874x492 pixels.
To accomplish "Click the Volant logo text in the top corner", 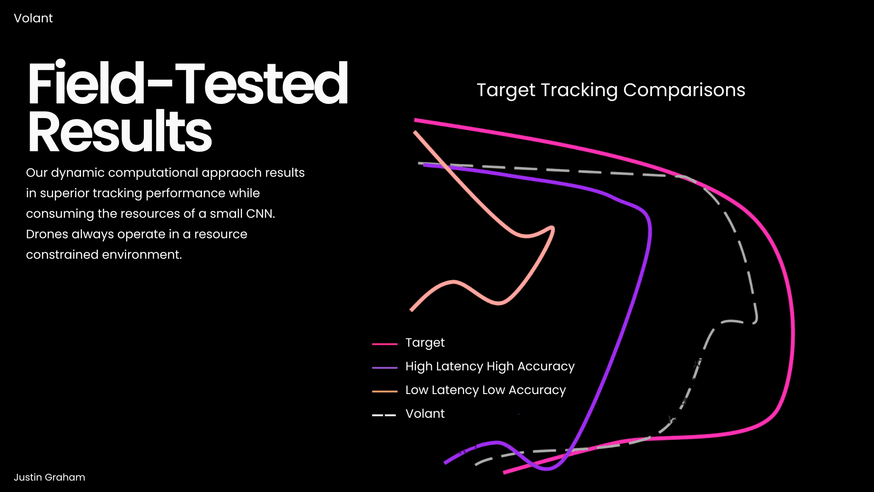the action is tap(33, 18).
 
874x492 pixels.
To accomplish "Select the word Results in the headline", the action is tap(120, 131).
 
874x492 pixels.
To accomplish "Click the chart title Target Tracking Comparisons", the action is tap(611, 90).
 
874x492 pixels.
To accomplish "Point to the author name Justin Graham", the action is tap(49, 477).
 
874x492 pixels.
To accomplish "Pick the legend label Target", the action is tap(425, 343).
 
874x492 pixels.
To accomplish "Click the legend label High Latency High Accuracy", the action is tap(490, 366).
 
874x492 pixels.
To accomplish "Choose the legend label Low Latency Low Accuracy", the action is tap(486, 390).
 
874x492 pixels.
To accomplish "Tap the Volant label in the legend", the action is tap(425, 414).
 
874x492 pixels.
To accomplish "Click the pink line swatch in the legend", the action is tap(385, 344).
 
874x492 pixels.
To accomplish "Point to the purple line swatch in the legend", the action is tap(385, 368).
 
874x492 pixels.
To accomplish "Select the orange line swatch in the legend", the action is tap(385, 391).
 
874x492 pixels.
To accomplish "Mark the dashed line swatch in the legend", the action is tap(384, 415).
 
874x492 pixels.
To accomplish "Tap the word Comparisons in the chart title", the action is tap(684, 90).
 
